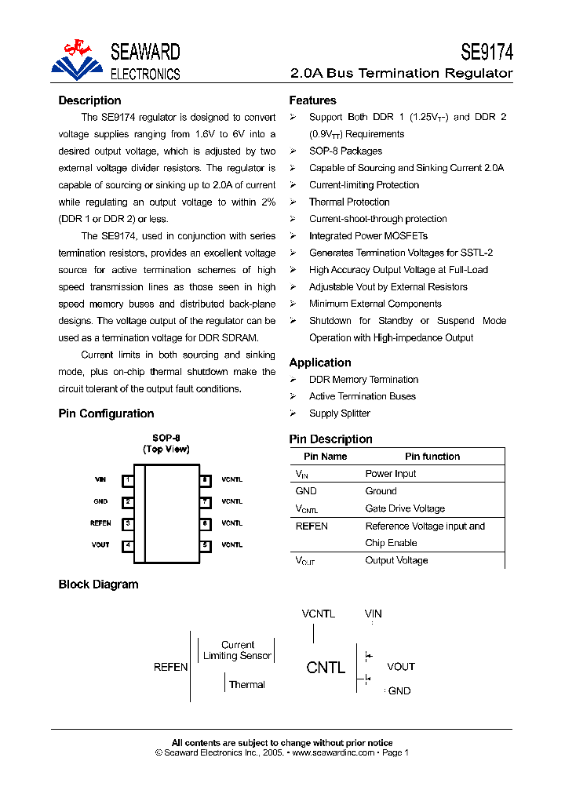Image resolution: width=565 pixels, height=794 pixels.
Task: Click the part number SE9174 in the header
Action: click(x=486, y=53)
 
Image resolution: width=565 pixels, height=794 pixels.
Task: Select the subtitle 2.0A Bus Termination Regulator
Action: click(x=401, y=74)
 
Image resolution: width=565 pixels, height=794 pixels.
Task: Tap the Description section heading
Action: click(x=89, y=100)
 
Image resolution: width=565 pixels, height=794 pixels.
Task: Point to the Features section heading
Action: click(x=312, y=100)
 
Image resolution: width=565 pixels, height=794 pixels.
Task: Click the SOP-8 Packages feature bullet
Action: click(x=345, y=151)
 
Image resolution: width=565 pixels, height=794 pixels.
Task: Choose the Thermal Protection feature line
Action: click(x=349, y=202)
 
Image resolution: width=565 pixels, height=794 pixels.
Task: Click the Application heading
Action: click(x=320, y=362)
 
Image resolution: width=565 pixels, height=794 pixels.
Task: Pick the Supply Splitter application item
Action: click(x=339, y=413)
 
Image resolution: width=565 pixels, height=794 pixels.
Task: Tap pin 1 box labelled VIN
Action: click(x=128, y=479)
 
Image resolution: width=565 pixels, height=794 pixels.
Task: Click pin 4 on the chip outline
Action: click(x=128, y=545)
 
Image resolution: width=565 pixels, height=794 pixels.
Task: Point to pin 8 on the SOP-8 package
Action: click(x=206, y=479)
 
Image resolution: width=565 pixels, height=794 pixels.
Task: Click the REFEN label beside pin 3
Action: click(x=100, y=523)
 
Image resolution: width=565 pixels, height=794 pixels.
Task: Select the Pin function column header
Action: click(x=432, y=457)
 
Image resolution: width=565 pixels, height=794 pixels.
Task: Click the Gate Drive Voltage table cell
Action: click(x=405, y=508)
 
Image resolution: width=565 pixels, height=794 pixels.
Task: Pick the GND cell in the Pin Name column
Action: click(x=306, y=491)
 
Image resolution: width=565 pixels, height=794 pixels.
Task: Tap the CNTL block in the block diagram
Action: click(x=326, y=668)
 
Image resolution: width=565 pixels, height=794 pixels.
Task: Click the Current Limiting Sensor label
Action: click(x=237, y=650)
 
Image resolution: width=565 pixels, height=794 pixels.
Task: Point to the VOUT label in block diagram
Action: click(x=400, y=667)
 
